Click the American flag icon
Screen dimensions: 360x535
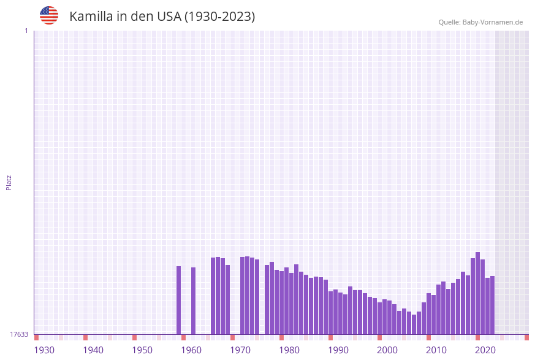tap(49, 15)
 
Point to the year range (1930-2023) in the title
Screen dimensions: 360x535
tap(219, 17)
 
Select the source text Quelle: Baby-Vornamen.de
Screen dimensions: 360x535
tap(480, 22)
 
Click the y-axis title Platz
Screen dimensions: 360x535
tap(9, 183)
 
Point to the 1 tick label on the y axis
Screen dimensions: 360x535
tap(26, 31)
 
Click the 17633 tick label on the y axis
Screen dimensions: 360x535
tap(19, 334)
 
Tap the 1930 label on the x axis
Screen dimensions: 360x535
tap(44, 350)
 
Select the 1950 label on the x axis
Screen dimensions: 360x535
tap(142, 350)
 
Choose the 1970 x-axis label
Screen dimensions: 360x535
tap(240, 350)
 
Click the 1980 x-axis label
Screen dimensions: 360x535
tap(289, 350)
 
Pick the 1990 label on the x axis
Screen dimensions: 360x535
tap(338, 350)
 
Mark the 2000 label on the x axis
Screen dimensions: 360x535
tap(387, 350)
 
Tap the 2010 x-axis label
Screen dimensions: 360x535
tap(436, 350)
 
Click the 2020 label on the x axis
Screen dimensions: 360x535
tap(485, 350)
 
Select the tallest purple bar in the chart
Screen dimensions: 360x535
tap(478, 293)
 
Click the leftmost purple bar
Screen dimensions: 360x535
tap(179, 300)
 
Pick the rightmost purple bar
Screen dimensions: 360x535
tap(492, 305)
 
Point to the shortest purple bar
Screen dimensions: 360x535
tap(414, 324)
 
